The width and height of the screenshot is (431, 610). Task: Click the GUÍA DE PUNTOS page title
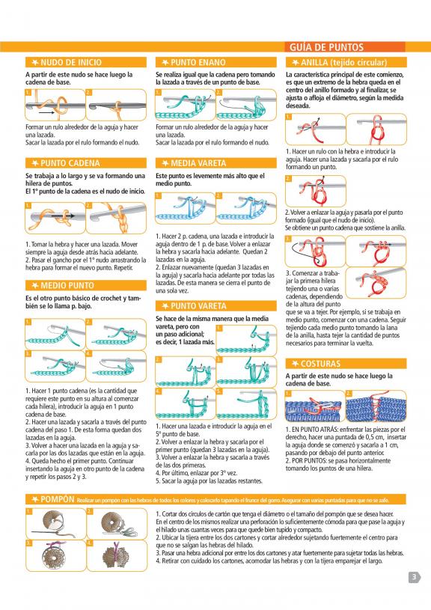(x=326, y=47)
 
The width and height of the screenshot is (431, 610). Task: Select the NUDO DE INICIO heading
(x=71, y=62)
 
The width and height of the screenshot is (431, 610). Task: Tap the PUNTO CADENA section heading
(x=70, y=163)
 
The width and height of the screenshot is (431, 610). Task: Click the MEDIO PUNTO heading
(x=67, y=286)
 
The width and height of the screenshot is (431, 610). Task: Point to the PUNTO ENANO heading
(x=198, y=62)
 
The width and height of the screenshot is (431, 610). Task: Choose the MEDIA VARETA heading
(x=198, y=163)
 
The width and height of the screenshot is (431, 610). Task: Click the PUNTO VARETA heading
(x=198, y=306)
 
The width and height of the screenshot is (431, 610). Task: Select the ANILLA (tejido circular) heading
(x=344, y=62)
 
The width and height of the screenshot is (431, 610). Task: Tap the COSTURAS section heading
(x=320, y=364)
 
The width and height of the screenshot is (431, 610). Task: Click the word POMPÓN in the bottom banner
(x=57, y=499)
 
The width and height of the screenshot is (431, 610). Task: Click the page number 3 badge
(x=415, y=577)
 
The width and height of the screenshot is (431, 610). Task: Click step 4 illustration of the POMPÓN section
(x=117, y=555)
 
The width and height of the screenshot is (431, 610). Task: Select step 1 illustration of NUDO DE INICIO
(x=55, y=105)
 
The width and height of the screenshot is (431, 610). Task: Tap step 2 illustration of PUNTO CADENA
(x=116, y=219)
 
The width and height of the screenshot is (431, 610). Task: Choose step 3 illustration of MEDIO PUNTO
(x=55, y=366)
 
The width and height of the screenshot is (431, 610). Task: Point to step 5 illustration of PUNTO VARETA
(x=246, y=403)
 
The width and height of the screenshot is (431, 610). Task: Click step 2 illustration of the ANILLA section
(x=316, y=191)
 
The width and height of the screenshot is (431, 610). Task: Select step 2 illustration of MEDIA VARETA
(x=246, y=208)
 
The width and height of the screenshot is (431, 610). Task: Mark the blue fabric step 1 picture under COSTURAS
(x=315, y=406)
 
